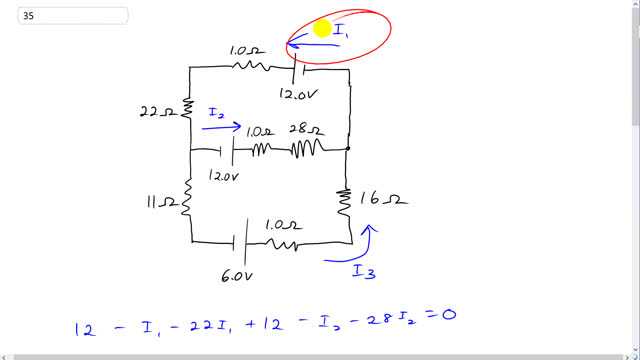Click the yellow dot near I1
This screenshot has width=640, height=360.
point(322,29)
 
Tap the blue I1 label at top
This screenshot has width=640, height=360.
point(341,33)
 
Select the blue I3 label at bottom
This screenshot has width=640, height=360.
point(363,270)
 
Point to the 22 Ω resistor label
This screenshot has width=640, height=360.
point(157,111)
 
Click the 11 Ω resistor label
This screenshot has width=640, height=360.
point(161,203)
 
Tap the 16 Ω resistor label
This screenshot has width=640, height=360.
point(385,199)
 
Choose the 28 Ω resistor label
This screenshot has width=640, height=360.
point(305,130)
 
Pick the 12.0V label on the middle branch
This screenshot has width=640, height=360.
point(223,175)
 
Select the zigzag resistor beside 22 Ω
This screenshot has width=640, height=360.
point(189,108)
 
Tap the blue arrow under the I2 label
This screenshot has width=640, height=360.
point(223,127)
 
